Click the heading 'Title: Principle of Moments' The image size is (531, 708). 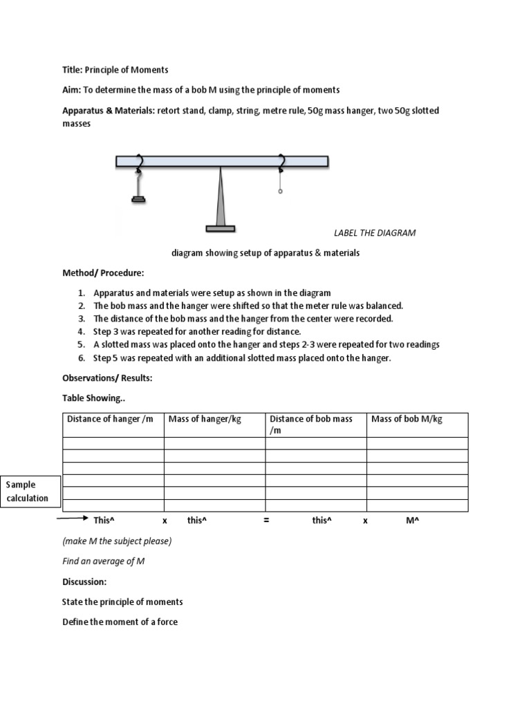tap(115, 70)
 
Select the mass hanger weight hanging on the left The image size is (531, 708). tap(138, 200)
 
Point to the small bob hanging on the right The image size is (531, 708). tap(280, 192)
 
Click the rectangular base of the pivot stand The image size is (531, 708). tap(220, 228)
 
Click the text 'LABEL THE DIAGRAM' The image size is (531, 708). tap(375, 233)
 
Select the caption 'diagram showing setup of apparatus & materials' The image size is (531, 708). tap(265, 253)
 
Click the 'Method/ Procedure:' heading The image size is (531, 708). tap(103, 274)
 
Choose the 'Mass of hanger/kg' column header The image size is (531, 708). tap(205, 419)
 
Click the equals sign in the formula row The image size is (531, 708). tap(265, 521)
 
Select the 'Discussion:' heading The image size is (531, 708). tap(84, 581)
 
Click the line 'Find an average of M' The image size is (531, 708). tap(103, 561)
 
